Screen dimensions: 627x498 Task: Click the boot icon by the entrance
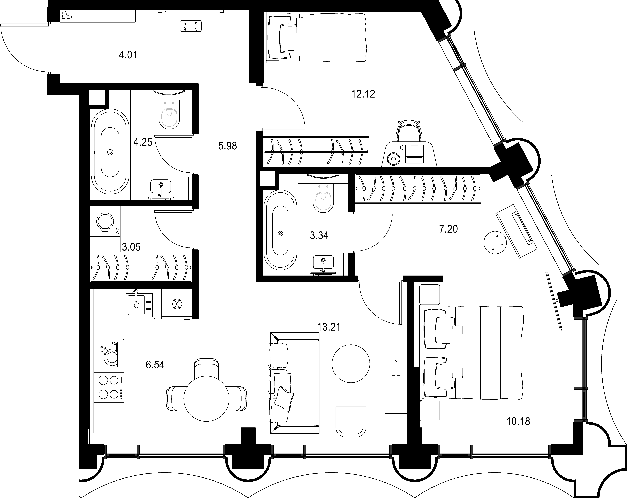(67, 15)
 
